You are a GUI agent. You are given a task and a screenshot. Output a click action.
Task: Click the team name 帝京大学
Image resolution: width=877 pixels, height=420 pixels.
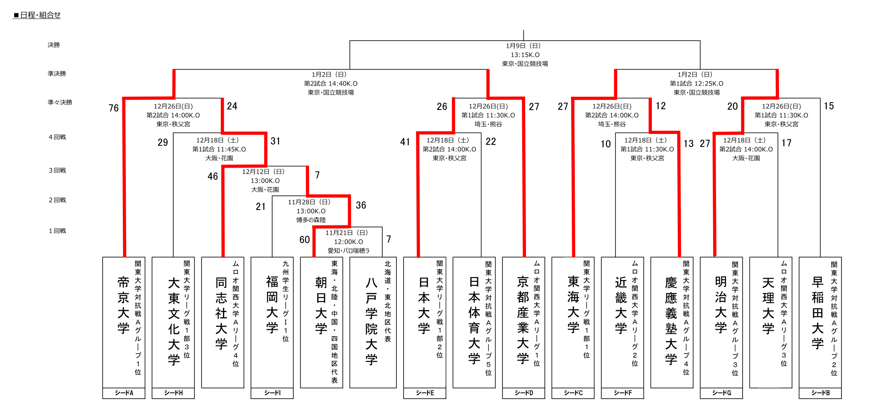pos(123,305)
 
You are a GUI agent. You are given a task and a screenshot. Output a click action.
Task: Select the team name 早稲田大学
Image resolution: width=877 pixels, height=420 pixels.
pos(818,313)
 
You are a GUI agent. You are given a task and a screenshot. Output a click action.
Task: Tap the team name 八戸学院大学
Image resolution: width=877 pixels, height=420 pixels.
pos(372,321)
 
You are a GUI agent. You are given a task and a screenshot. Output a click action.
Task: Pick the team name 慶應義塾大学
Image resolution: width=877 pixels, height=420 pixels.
pos(671,321)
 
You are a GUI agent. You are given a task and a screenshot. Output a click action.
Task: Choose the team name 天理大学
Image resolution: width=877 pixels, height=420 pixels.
pos(768,305)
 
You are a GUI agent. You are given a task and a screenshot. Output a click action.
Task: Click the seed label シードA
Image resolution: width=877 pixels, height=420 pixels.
pos(124,393)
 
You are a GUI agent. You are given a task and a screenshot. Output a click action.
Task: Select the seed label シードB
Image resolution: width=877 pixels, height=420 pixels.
pos(821,393)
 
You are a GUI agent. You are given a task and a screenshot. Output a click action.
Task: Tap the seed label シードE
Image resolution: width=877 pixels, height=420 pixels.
pos(425,393)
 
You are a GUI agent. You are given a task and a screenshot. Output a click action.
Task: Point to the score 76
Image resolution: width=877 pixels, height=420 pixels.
pos(113,108)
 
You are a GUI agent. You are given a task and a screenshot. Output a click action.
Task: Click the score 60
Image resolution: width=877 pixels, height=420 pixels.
pos(304,240)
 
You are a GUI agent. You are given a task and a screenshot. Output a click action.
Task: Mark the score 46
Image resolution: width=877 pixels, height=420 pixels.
pos(213,176)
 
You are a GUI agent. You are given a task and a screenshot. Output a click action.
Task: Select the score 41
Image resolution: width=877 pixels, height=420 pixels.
pos(405,142)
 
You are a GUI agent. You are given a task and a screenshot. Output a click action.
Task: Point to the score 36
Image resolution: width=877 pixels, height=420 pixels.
pos(361,205)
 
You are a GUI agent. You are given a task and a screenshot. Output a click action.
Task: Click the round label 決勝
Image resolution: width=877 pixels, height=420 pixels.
pos(54,45)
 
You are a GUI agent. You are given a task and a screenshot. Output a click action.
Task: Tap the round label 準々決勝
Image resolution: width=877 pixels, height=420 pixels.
pos(60,102)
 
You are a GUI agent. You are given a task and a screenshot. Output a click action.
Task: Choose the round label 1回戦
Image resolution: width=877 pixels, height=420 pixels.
pos(57,231)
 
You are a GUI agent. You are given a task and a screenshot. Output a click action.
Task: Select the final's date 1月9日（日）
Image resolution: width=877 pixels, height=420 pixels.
pos(523,46)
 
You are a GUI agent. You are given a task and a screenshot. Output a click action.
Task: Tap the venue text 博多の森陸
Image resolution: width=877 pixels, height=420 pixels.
pos(311,220)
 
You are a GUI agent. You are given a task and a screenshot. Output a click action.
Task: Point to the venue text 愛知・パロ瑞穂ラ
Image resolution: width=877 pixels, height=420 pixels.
pos(348,251)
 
